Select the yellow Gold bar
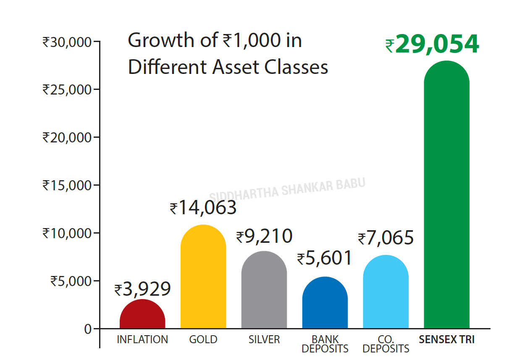pyautogui.click(x=203, y=277)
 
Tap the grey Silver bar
pyautogui.click(x=264, y=290)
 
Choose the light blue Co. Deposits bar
pyautogui.click(x=386, y=292)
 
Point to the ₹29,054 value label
pyautogui.click(x=432, y=45)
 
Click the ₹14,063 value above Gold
pyautogui.click(x=203, y=208)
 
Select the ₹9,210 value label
pyautogui.click(x=264, y=236)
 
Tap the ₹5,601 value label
pyautogui.click(x=325, y=258)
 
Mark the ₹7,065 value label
pyautogui.click(x=386, y=238)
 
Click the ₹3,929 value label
pyautogui.click(x=143, y=289)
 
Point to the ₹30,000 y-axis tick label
pyautogui.click(x=67, y=42)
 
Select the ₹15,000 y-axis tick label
pyautogui.click(x=67, y=185)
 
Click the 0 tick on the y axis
pyautogui.click(x=88, y=329)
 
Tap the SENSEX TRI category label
pyautogui.click(x=446, y=339)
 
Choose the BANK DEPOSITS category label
pyautogui.click(x=325, y=344)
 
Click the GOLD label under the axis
pyautogui.click(x=203, y=339)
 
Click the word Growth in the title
pyautogui.click(x=161, y=41)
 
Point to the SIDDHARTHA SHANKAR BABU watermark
pyautogui.click(x=287, y=189)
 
